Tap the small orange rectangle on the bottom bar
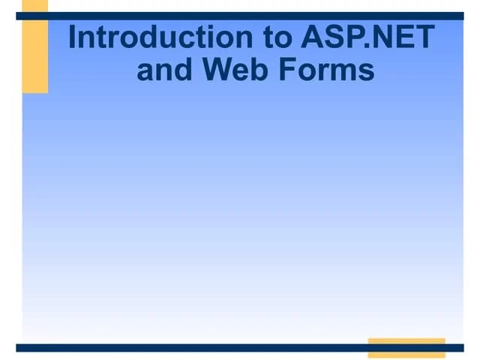[406, 347]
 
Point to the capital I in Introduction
[73, 37]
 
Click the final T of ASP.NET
[424, 37]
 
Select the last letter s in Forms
[365, 71]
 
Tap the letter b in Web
[259, 70]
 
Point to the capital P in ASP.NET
[352, 37]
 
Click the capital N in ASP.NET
[382, 37]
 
